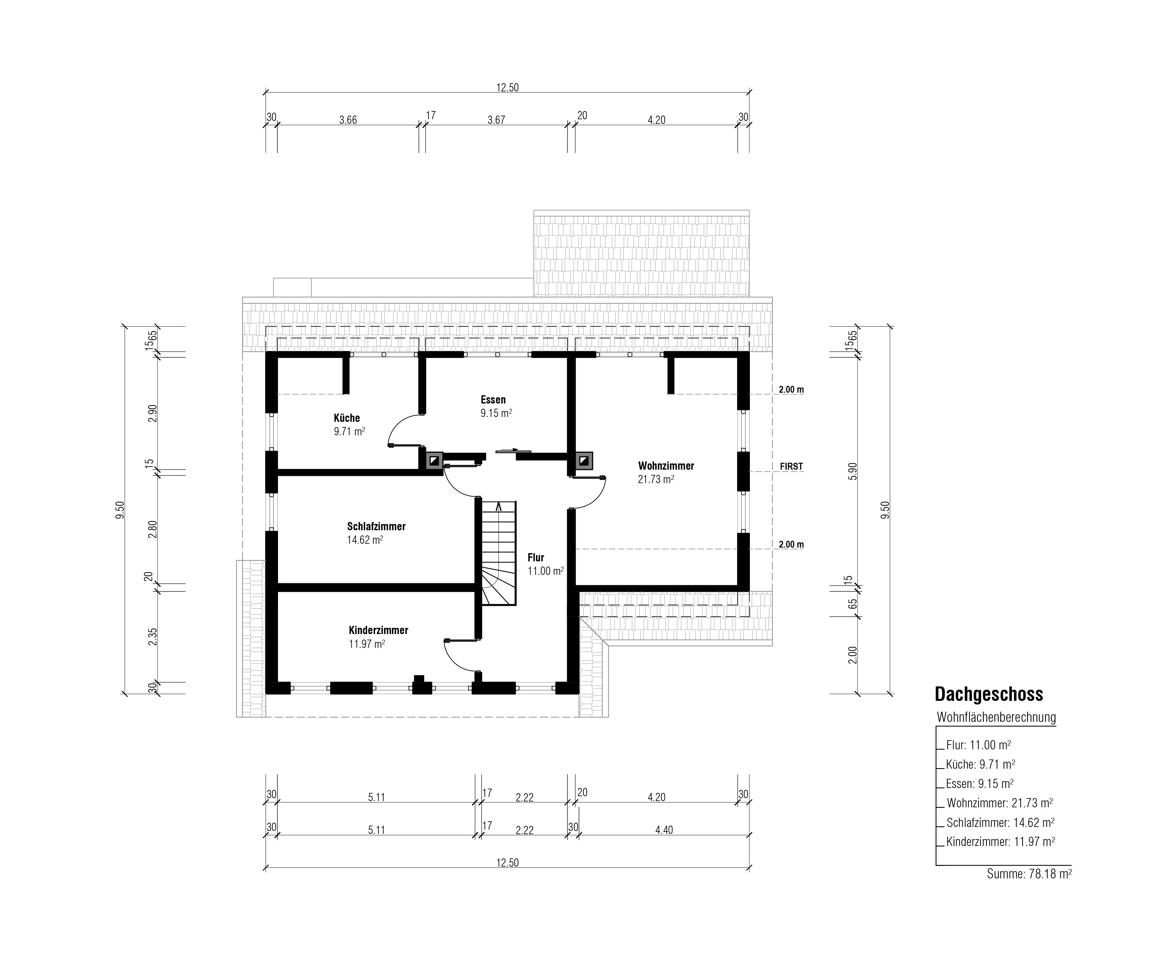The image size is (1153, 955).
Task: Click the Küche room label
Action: coord(346,418)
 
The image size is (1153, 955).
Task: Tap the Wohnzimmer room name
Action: coord(666,466)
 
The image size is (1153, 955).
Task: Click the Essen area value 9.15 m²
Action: coord(496,413)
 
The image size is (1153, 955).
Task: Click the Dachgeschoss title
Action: coord(989,694)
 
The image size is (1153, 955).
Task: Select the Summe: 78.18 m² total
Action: coord(1029,874)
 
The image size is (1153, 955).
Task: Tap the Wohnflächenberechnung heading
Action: coord(996,717)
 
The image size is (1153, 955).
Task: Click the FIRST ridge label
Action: coord(791,466)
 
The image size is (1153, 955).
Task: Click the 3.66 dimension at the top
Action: coord(348,120)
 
